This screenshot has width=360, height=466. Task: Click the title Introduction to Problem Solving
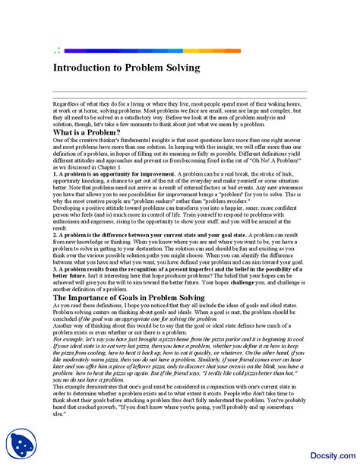tap(126, 68)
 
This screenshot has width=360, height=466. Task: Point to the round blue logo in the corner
tap(22, 445)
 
